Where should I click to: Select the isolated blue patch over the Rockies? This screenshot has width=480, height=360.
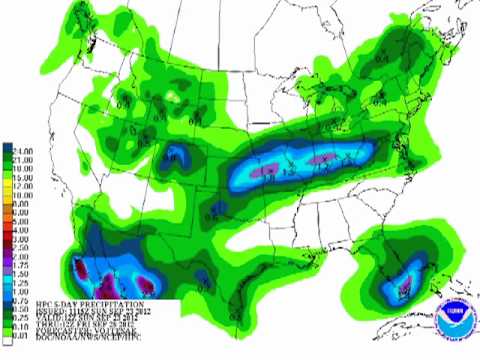[x=177, y=155]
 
